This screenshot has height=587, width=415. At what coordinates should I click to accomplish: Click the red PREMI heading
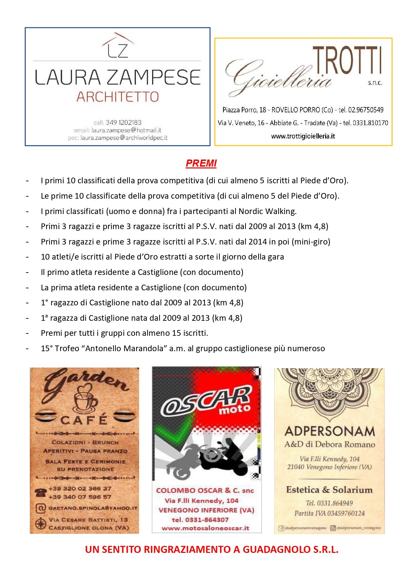201,163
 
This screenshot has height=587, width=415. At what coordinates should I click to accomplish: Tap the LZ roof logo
118,45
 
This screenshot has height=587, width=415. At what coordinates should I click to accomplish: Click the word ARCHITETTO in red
117,97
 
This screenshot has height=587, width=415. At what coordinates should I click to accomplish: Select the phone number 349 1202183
123,122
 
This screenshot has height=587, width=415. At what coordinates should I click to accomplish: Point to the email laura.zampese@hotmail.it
126,130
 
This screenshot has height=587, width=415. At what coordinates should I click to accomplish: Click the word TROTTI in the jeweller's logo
347,61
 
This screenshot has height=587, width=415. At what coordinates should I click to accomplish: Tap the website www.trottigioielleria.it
303,136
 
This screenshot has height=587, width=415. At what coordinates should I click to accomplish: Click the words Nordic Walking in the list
267,211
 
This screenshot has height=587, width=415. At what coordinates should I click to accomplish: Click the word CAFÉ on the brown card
84,419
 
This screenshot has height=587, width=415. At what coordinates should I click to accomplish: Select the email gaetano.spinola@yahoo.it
93,508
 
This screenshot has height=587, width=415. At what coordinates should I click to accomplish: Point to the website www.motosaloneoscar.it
205,528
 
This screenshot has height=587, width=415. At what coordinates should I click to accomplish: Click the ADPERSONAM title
330,431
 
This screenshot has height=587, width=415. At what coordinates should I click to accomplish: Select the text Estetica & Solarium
329,490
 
